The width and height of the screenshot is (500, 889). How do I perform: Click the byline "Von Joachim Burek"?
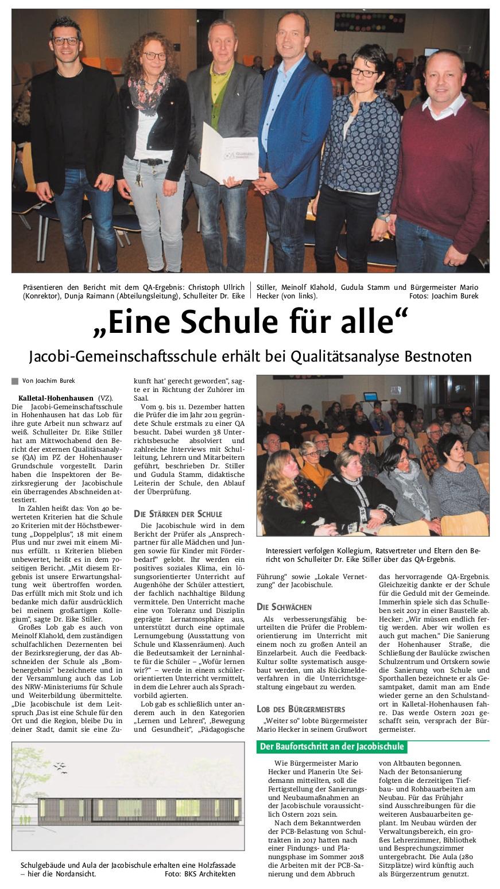tap(48, 381)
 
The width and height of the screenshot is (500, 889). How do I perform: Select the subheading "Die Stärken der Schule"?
tap(177, 514)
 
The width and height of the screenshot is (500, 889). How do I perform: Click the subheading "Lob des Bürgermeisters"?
tap(301, 709)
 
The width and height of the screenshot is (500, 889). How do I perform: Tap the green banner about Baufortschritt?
tap(332, 747)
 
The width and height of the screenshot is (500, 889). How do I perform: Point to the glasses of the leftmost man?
tap(65, 41)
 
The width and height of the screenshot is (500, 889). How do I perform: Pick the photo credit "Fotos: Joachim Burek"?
tap(443, 296)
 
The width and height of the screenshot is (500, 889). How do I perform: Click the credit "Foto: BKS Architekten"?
tap(199, 874)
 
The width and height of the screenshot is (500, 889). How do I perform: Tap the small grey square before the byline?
tap(15, 381)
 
